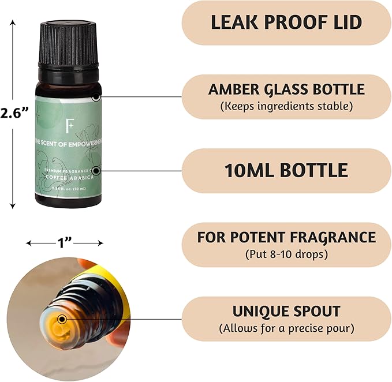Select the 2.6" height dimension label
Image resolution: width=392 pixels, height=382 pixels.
14,113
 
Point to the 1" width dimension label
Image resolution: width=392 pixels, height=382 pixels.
65,243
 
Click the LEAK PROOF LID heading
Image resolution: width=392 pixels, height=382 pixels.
286,23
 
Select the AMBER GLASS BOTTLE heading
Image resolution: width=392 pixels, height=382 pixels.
286,89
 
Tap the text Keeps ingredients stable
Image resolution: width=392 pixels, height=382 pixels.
286,106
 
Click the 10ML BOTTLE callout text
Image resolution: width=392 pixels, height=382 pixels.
286,170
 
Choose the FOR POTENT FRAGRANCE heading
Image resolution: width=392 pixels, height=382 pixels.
286,237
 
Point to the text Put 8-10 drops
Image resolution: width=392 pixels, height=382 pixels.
286,254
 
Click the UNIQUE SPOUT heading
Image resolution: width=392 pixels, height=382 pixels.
286,311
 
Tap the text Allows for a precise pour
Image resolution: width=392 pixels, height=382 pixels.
286,328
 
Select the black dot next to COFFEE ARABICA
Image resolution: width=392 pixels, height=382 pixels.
96,170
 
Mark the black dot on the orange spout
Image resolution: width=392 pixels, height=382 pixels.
62,319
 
